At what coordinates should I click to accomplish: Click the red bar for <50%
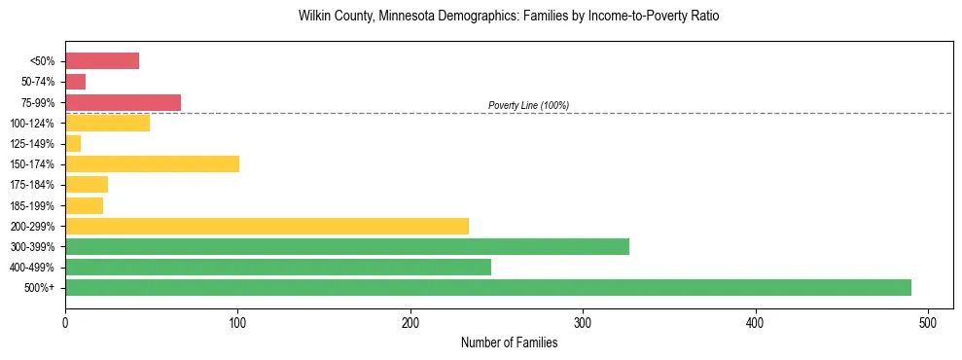102,61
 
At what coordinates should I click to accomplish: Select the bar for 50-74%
76,82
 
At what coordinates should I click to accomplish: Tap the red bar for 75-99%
123,102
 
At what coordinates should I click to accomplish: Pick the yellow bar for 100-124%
107,123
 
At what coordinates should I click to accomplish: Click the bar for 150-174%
152,164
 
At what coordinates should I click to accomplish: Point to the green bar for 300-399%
347,246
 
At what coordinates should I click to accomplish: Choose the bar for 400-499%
278,267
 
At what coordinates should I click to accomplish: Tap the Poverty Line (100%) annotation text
528,105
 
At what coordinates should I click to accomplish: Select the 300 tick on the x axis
583,322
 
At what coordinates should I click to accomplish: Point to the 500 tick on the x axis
928,322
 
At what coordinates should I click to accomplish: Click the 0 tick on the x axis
65,322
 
